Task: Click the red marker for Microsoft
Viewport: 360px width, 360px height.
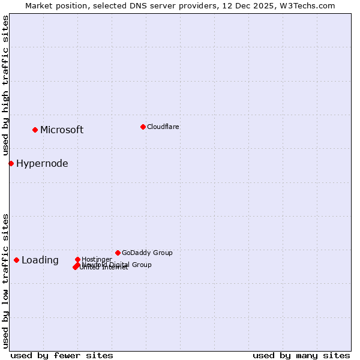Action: (x=35, y=130)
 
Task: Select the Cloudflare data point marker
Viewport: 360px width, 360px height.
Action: (x=143, y=127)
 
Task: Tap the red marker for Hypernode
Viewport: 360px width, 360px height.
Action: (x=11, y=163)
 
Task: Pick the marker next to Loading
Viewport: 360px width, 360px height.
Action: (x=16, y=260)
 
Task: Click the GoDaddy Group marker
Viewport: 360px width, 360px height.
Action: (x=118, y=253)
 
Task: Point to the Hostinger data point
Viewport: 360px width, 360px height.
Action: (x=77, y=259)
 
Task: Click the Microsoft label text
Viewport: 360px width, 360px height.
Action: (x=62, y=130)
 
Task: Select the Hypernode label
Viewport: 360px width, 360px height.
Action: (x=42, y=163)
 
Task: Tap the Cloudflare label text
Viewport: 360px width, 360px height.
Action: (x=163, y=127)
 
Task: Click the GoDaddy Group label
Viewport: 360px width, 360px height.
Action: (x=147, y=253)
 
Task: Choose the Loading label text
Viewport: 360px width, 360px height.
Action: (x=40, y=260)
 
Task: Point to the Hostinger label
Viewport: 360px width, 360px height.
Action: (x=97, y=259)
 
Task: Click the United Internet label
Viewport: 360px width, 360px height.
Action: (x=104, y=268)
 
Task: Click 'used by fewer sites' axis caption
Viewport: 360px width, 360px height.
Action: (x=62, y=355)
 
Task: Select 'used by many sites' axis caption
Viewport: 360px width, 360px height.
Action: (x=301, y=355)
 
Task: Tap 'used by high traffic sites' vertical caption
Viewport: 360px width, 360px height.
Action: (x=5, y=86)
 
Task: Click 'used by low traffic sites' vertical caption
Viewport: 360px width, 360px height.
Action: (x=5, y=281)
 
